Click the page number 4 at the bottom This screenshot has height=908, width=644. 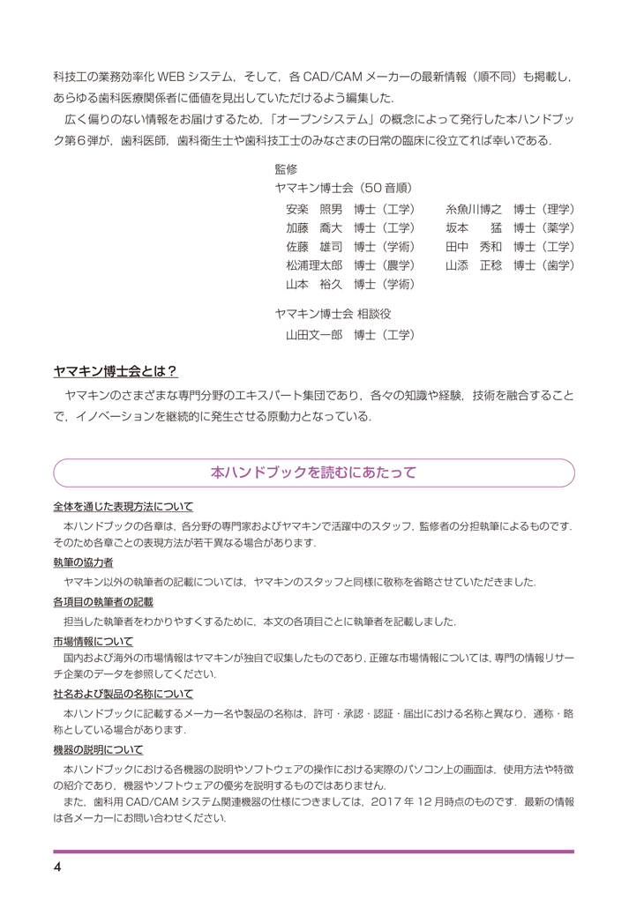pyautogui.click(x=57, y=867)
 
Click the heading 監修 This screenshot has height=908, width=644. pyautogui.click(x=286, y=168)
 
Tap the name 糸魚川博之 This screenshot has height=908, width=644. pyautogui.click(x=474, y=209)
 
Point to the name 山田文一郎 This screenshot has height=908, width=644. pyautogui.click(x=314, y=335)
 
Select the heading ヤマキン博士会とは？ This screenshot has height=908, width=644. pyautogui.click(x=116, y=371)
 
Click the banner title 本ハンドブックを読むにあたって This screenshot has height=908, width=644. pyautogui.click(x=313, y=473)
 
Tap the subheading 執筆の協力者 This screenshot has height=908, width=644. pyautogui.click(x=83, y=562)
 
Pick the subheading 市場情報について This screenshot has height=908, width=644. pyautogui.click(x=93, y=641)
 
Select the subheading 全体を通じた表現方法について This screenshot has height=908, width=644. pyautogui.click(x=123, y=507)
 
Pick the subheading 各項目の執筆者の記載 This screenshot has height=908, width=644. pyautogui.click(x=102, y=601)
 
